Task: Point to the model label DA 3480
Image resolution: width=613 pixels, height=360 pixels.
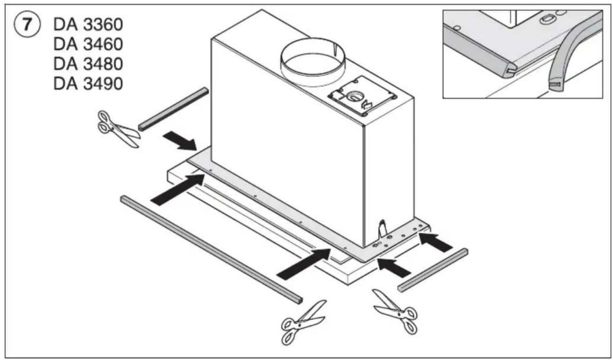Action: [88, 64]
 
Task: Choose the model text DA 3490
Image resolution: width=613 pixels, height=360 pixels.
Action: [88, 83]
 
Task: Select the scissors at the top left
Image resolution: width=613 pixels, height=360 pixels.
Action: [117, 129]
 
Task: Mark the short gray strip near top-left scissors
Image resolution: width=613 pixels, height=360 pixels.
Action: [173, 109]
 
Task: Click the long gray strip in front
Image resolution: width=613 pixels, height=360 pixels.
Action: [211, 250]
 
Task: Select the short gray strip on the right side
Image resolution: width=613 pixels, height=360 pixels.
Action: [433, 270]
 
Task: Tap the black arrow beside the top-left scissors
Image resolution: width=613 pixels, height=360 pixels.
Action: [180, 140]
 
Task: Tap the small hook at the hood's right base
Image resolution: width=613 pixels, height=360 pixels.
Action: [381, 228]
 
